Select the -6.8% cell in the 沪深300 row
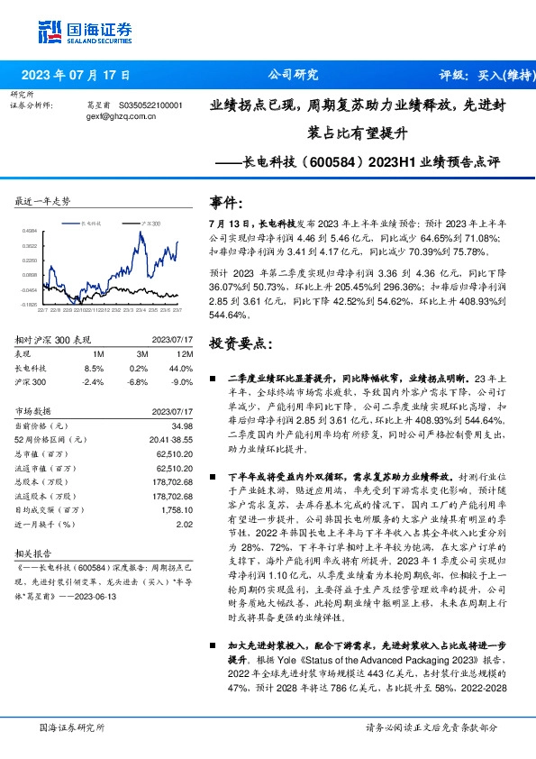[x=138, y=381]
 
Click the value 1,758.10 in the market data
[x=177, y=509]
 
